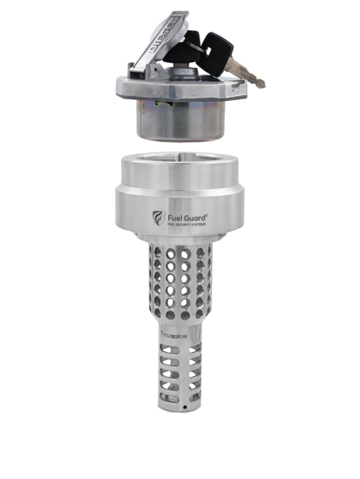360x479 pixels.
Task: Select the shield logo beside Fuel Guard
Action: pos(159,218)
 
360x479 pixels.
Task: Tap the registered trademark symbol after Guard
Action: pos(207,215)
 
